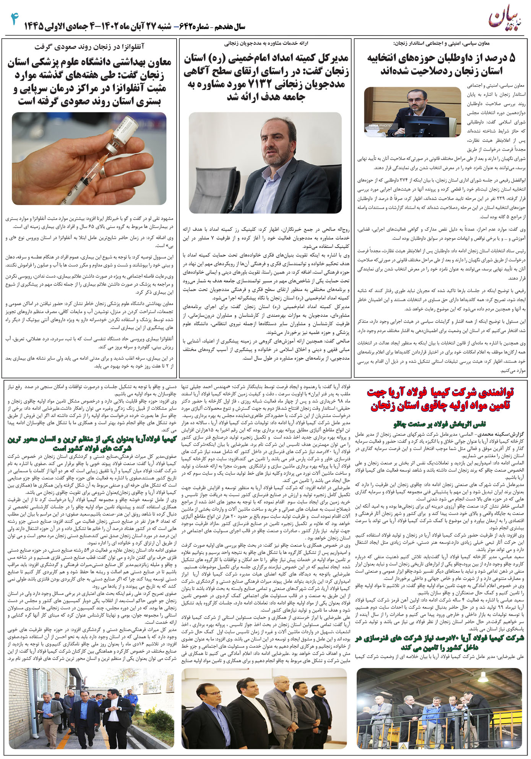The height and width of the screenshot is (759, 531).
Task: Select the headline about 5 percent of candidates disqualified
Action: coord(441,64)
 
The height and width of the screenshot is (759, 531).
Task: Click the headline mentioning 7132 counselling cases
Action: coord(266,77)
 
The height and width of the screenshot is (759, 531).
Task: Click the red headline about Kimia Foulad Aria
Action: coord(440,399)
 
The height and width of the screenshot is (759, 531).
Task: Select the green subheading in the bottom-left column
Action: coord(90,444)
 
